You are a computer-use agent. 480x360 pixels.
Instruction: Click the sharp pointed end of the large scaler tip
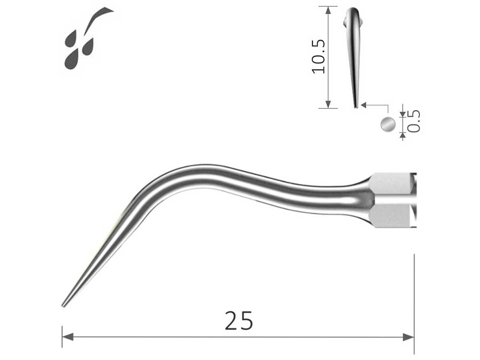pyautogui.click(x=63, y=306)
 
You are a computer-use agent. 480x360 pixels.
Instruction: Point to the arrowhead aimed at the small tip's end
pyautogui.click(x=364, y=105)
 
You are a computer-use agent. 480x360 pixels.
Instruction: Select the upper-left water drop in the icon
pyautogui.click(x=71, y=40)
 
